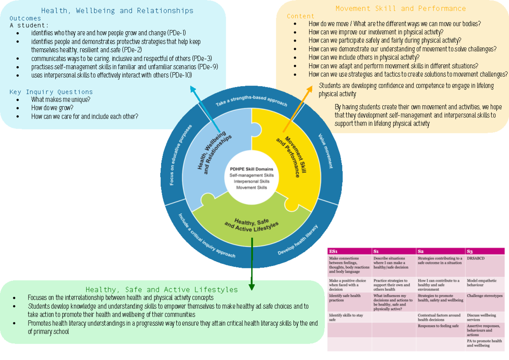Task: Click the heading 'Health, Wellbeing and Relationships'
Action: [117, 11]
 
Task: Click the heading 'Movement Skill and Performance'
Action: [400, 8]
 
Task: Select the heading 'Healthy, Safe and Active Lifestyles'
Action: [162, 290]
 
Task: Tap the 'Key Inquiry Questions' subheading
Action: [51, 92]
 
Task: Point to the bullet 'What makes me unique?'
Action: [61, 100]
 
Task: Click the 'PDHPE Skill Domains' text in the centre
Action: [252, 169]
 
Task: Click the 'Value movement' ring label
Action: [326, 151]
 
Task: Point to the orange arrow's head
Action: [308, 87]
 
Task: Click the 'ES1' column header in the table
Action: [333, 251]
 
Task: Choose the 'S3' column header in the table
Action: [470, 251]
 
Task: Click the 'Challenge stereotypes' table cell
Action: [484, 296]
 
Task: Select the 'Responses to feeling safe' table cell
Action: [438, 326]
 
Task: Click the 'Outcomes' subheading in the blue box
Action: [25, 18]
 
